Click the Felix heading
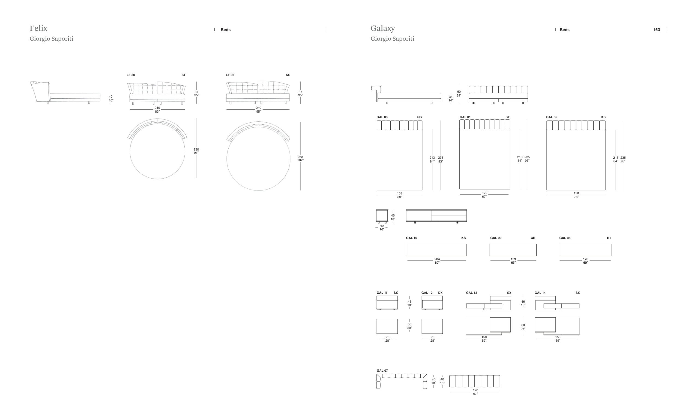pos(38,28)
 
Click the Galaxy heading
pos(382,28)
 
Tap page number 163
pos(657,30)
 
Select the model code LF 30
pos(131,75)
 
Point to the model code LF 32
pos(230,75)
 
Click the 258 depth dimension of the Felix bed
pos(300,157)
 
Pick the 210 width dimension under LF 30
pos(157,108)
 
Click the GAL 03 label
pos(382,117)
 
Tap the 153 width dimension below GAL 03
pos(400,194)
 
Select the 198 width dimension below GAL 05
pos(576,193)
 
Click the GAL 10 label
pos(412,238)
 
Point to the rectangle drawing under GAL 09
pos(513,250)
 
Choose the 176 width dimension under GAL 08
pos(586,259)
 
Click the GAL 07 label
pos(382,371)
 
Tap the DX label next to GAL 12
pos(440,293)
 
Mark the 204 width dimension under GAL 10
pos(437,259)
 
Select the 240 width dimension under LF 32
pos(259,108)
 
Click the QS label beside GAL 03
pos(420,117)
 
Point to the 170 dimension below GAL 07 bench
pos(475,390)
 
